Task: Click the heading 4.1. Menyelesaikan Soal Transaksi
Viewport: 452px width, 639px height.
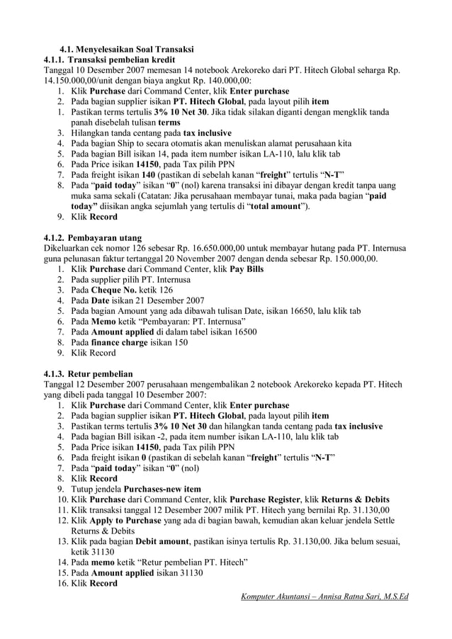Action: [x=126, y=50]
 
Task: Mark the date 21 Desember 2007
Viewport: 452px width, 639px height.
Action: [x=153, y=300]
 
